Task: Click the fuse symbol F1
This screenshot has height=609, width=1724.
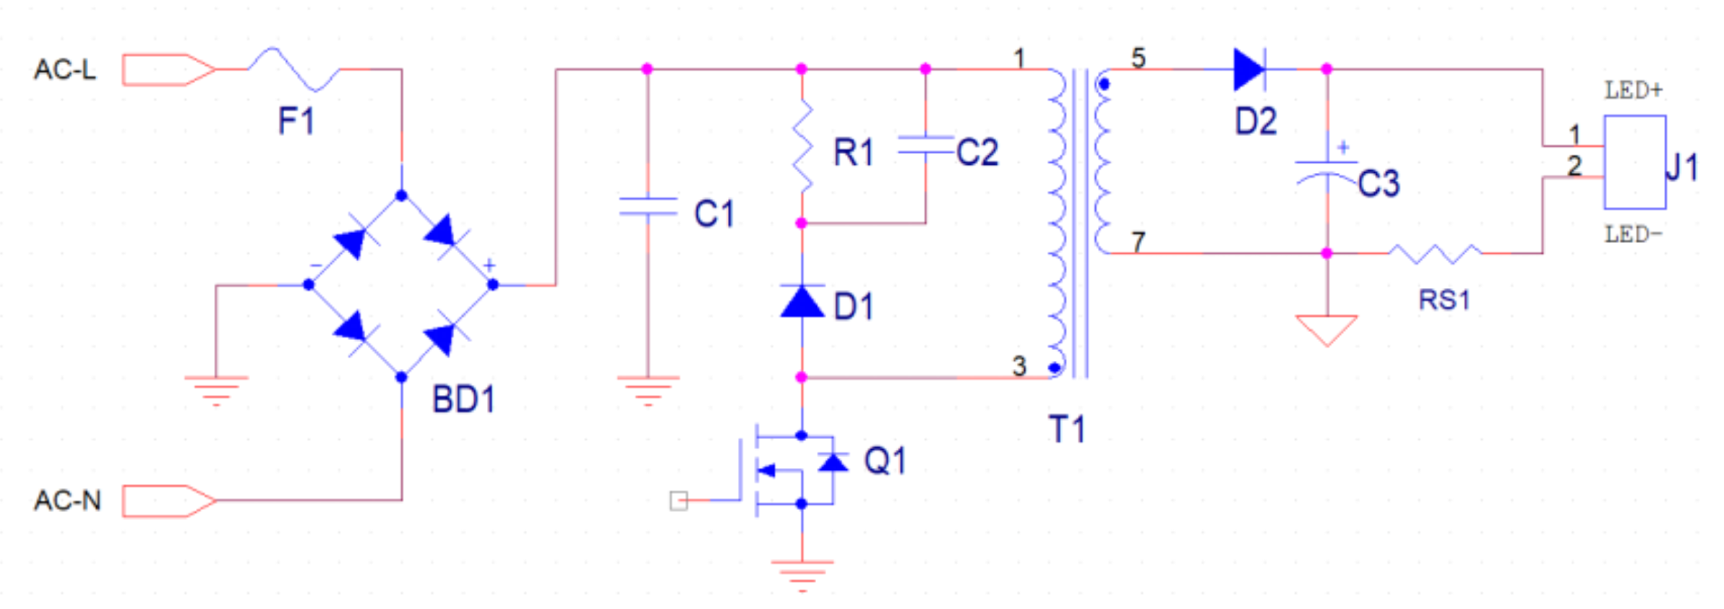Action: pyautogui.click(x=293, y=69)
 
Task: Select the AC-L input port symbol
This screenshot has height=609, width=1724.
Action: pyautogui.click(x=169, y=69)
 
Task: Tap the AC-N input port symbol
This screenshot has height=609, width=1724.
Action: pyautogui.click(x=169, y=501)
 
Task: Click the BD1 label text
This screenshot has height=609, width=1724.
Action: pyautogui.click(x=463, y=399)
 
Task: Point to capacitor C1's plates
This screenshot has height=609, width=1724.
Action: pyautogui.click(x=648, y=206)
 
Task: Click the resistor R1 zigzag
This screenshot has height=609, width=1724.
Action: pyautogui.click(x=802, y=148)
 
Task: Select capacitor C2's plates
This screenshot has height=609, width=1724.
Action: pyautogui.click(x=926, y=145)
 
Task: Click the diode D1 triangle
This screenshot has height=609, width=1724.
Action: pyautogui.click(x=802, y=301)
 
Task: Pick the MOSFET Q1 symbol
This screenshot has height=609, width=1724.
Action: pyautogui.click(x=795, y=470)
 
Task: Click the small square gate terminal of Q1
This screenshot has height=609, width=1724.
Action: pyautogui.click(x=679, y=501)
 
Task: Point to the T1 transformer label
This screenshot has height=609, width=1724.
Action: pyautogui.click(x=1067, y=430)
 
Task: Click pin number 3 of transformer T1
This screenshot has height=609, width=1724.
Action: pyautogui.click(x=1019, y=366)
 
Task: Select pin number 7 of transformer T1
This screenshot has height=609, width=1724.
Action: pyautogui.click(x=1138, y=242)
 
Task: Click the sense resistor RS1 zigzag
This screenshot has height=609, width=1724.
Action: pyautogui.click(x=1435, y=253)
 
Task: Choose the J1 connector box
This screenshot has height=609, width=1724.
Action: pyautogui.click(x=1635, y=162)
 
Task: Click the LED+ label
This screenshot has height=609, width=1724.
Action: pyautogui.click(x=1634, y=90)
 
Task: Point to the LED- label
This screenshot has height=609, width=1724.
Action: pyautogui.click(x=1634, y=234)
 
